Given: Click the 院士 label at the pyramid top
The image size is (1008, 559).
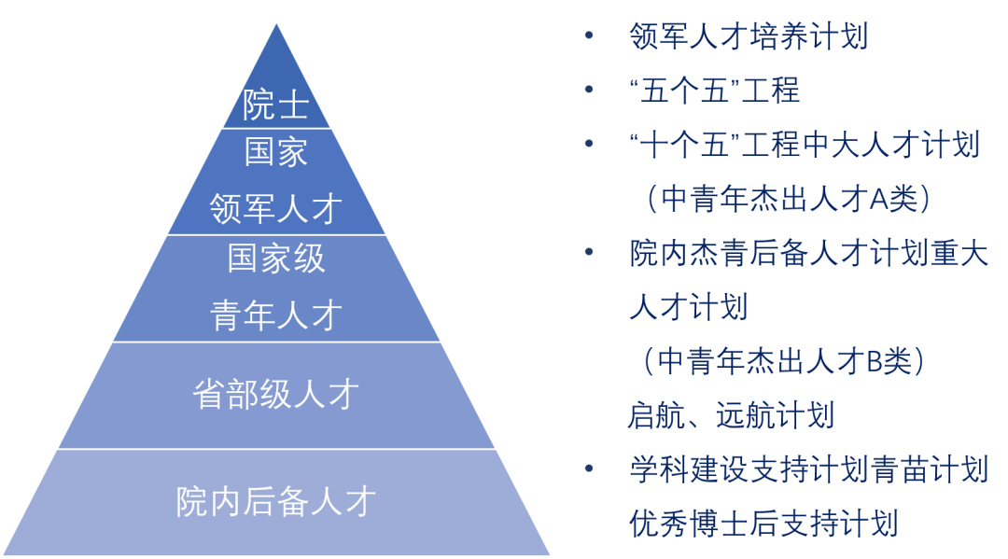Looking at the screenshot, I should (275, 105).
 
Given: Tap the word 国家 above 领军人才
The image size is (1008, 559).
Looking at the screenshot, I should (275, 152).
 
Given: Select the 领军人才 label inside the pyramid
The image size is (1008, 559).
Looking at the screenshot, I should (275, 207).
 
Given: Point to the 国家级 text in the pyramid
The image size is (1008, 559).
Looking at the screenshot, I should (275, 259).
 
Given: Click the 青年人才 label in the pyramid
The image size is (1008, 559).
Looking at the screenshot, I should (275, 315).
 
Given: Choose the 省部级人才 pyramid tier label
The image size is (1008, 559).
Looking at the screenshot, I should (275, 395).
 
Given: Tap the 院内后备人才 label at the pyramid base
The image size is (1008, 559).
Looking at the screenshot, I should (275, 502).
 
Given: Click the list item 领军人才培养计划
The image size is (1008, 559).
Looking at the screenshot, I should (749, 37).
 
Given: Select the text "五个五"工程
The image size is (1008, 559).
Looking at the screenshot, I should (714, 91).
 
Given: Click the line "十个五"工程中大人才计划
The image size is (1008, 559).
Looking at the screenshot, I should (805, 146).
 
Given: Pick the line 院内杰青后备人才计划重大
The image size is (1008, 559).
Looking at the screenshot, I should (808, 253).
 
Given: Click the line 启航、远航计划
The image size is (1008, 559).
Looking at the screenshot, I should (731, 415).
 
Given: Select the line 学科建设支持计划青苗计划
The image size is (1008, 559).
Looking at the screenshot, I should (808, 469).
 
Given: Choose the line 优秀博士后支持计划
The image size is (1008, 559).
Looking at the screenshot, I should (763, 523).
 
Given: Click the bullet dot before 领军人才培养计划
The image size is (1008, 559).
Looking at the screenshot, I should (588, 37).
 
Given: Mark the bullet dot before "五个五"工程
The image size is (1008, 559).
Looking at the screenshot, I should (588, 91).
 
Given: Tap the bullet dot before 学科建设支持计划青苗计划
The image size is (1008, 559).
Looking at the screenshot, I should (588, 469).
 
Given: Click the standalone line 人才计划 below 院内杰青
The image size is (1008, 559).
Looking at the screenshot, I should (688, 307).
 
